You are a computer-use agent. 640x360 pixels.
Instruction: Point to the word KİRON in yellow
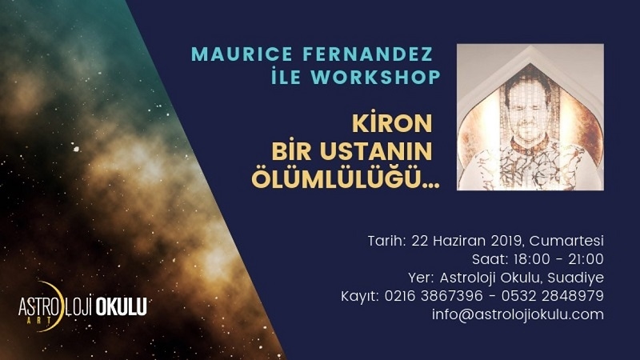tap(392, 123)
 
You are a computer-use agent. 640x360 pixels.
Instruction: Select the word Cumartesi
tap(566, 241)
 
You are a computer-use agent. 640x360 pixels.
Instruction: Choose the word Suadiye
tap(575, 278)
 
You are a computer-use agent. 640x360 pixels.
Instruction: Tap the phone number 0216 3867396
tap(434, 296)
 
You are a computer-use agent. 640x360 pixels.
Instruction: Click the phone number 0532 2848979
tap(553, 296)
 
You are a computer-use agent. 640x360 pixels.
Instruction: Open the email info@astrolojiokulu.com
tap(518, 314)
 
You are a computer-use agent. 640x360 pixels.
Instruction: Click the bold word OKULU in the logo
tap(121, 306)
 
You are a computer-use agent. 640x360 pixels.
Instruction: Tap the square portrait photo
tap(530, 117)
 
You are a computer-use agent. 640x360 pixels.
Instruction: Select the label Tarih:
tap(387, 241)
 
